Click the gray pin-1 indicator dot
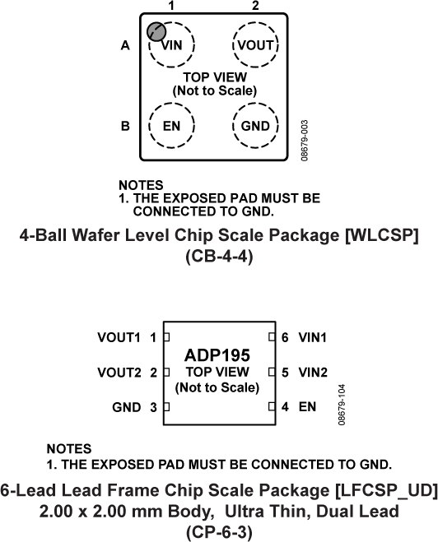(155, 32)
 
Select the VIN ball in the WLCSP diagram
(172, 45)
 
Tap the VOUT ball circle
(254, 45)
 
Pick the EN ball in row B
(172, 127)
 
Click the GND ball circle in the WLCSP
(254, 127)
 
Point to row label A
(125, 46)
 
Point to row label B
(125, 127)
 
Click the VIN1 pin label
(314, 337)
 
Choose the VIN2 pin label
(314, 372)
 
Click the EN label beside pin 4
(307, 406)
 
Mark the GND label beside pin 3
(127, 406)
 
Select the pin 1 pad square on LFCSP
(166, 337)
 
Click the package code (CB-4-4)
(218, 257)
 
